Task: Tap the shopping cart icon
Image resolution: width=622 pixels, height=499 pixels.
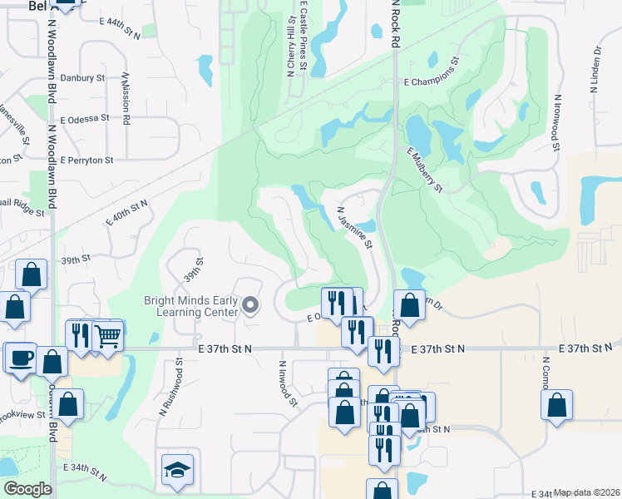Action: point(107,335)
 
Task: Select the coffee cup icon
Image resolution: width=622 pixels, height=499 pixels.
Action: point(21,358)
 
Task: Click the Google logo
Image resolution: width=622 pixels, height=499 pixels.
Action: point(27,489)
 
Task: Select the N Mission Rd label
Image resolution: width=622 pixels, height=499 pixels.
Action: point(126,98)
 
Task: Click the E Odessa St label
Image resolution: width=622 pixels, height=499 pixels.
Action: point(84,119)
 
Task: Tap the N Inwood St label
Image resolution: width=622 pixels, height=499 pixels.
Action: point(288,383)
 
